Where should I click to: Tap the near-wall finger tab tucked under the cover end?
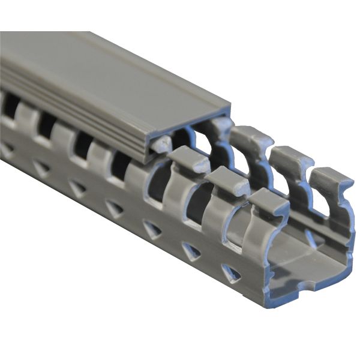pos(160,144)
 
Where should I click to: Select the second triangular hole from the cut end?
pos(191,250)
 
